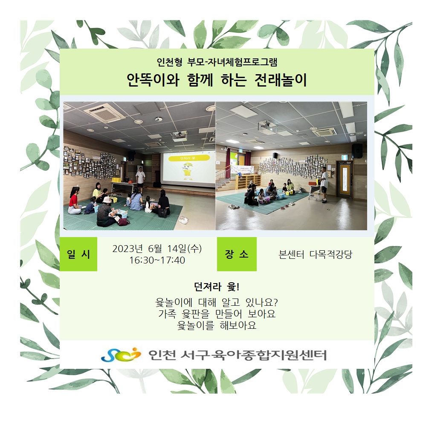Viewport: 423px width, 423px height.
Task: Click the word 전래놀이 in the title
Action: click(281, 80)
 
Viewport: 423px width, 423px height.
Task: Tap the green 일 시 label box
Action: click(78, 254)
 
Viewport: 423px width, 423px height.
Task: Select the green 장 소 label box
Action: click(237, 254)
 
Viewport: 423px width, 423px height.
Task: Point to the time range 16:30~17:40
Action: click(157, 261)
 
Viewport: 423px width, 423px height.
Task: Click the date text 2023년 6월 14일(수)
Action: click(157, 249)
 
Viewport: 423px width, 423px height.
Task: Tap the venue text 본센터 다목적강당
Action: click(316, 255)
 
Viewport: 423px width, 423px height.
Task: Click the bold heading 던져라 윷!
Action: click(217, 287)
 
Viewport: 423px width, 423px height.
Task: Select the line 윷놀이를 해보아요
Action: click(217, 325)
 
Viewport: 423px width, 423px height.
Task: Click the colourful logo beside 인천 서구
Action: click(121, 354)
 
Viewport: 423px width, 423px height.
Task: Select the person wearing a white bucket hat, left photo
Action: click(106, 212)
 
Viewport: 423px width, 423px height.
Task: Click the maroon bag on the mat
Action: click(123, 221)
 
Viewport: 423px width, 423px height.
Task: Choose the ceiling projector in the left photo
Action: click(180, 136)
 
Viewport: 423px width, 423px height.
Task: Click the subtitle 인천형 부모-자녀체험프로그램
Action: click(217, 62)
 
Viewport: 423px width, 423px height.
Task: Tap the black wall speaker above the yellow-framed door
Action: click(357, 151)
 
